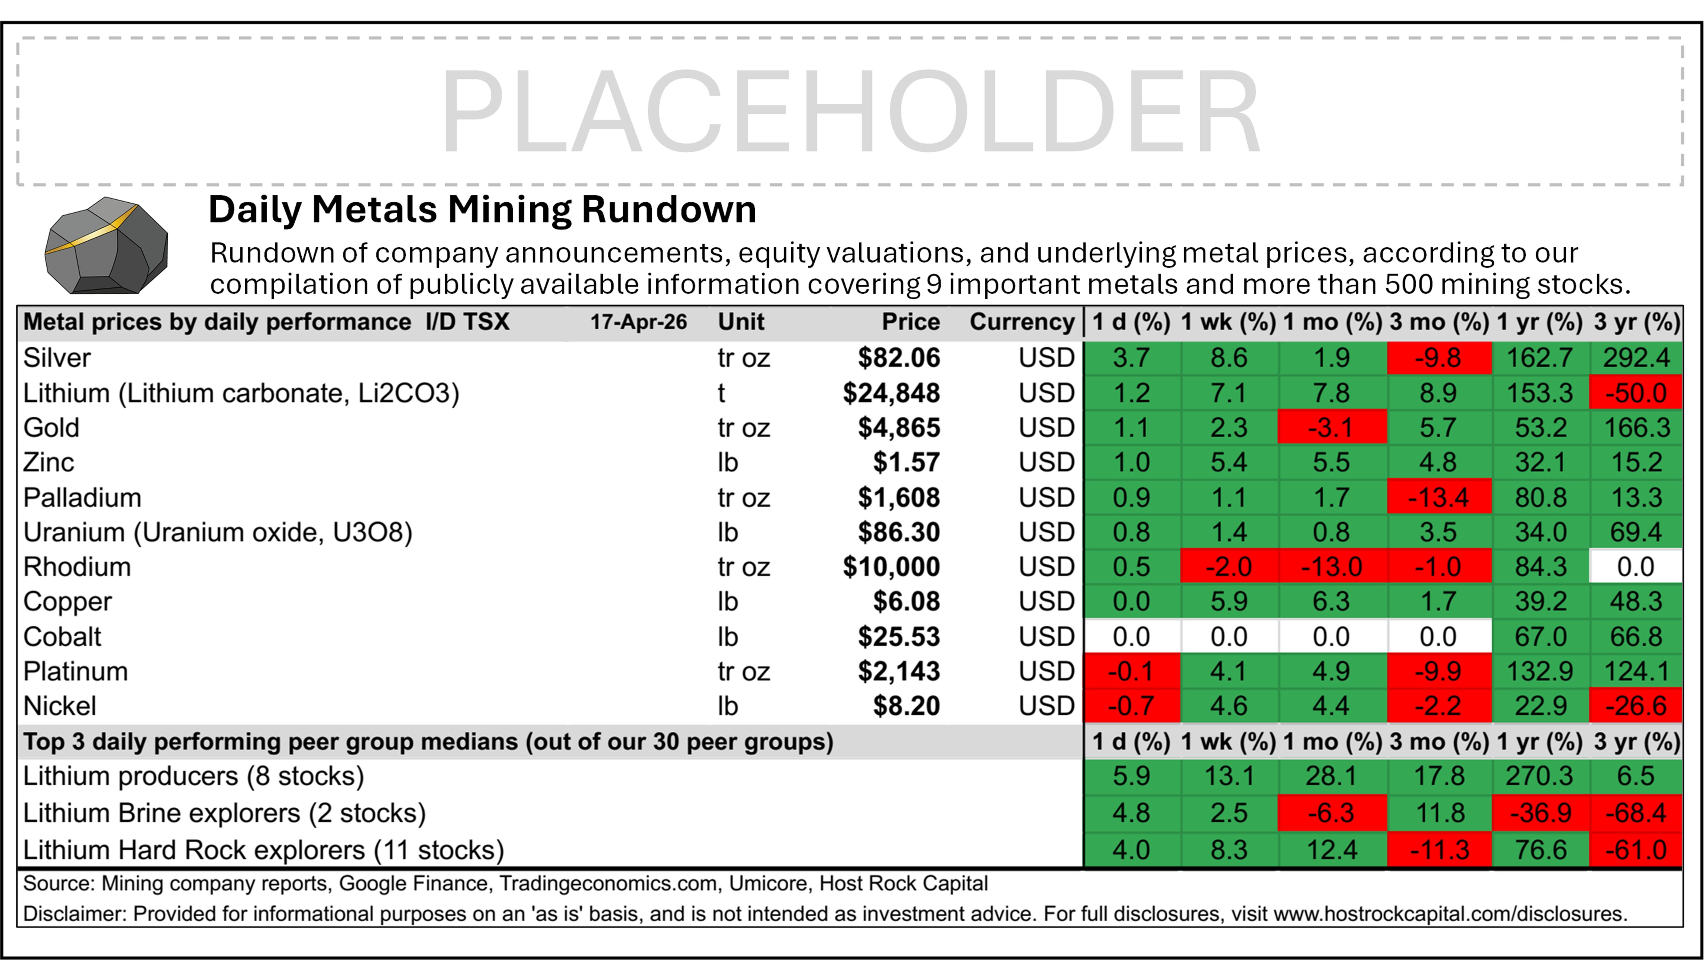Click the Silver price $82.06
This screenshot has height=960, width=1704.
pos(898,358)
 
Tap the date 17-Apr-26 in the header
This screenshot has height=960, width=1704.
pos(638,322)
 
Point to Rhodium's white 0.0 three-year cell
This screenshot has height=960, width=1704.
pos(1635,567)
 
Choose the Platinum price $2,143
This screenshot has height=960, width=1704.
pos(898,671)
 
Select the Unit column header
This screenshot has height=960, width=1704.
pos(741,322)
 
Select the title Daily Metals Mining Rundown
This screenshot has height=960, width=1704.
pos(482,210)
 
